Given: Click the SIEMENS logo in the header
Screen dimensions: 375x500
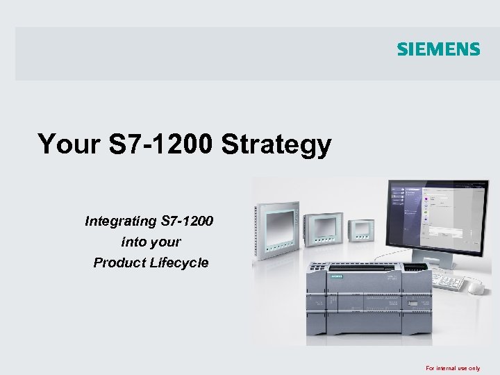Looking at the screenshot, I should coord(438,49).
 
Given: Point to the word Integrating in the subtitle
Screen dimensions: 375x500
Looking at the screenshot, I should coord(120,222).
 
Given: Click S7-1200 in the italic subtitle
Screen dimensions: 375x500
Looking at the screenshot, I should coord(187,222).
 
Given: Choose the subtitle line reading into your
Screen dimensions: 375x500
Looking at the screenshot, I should coord(151,242).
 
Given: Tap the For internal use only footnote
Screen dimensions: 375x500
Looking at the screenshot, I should coord(453,368).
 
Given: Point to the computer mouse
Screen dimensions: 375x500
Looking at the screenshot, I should coord(476,287).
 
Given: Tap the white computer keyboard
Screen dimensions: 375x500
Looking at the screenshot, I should coord(448,281).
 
